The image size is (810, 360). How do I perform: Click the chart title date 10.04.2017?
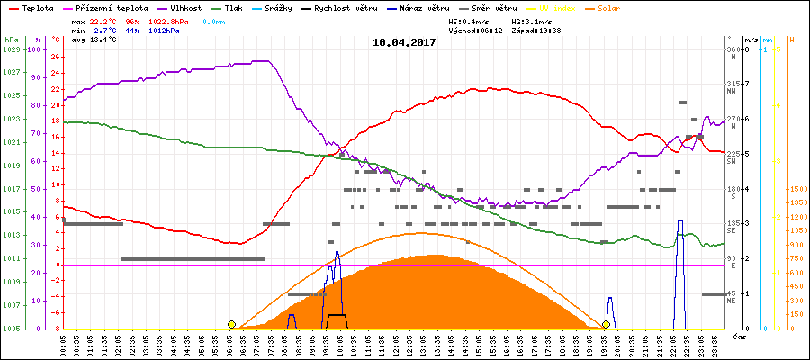[x=405, y=42]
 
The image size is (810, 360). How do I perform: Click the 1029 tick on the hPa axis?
[x=11, y=49]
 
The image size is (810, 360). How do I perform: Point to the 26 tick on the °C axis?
[x=55, y=57]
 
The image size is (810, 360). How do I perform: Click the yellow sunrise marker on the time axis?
[x=232, y=324]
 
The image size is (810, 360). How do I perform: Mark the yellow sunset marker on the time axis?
[x=607, y=324]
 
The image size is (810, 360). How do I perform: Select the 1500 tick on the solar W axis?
[x=797, y=189]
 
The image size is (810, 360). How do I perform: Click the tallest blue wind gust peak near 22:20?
[x=680, y=221]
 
